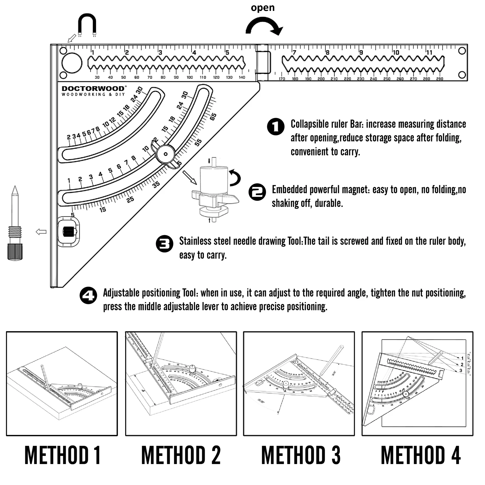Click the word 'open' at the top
click(x=263, y=8)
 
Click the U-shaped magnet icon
click(x=87, y=24)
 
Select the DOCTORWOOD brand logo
click(x=93, y=91)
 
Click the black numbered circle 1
click(x=276, y=127)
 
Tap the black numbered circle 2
click(x=257, y=192)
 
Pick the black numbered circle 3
click(x=164, y=244)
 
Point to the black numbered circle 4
click(x=88, y=295)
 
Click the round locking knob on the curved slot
click(x=165, y=154)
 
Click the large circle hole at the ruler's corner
click(x=72, y=63)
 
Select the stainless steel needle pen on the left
click(x=15, y=224)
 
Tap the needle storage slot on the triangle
click(x=68, y=232)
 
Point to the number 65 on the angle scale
click(x=213, y=117)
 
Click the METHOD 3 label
click(x=301, y=455)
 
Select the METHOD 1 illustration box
click(x=62, y=384)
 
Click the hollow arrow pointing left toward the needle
click(x=41, y=232)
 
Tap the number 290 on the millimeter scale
click(x=440, y=79)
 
